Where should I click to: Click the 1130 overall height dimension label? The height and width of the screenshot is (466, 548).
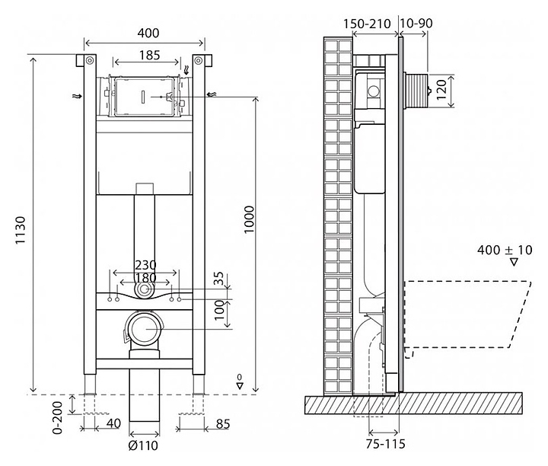point(21,230)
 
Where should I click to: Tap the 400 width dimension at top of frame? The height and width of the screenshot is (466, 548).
point(148,33)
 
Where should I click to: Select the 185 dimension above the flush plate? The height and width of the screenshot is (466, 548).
point(150,56)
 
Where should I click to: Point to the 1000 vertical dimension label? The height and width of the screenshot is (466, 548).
point(248,219)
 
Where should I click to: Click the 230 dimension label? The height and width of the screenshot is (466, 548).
point(145,265)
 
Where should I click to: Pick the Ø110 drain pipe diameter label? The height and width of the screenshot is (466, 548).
point(143,445)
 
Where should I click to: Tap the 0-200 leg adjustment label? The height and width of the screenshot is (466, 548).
point(57,417)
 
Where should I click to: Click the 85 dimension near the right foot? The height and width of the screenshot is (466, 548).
point(222,424)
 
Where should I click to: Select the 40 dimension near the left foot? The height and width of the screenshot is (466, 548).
point(113,423)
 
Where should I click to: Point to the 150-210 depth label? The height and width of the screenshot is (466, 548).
point(367,24)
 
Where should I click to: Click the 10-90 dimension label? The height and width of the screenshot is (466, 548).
point(416,23)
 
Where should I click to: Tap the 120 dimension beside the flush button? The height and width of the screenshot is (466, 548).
point(441,89)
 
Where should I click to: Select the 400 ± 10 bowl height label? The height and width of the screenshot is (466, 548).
point(505,250)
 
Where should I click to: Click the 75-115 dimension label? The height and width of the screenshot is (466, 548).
point(385,444)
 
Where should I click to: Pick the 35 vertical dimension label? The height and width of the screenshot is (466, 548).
point(218,279)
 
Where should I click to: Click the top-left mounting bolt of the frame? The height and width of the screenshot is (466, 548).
point(90,60)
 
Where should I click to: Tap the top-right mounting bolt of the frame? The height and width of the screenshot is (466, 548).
point(199,60)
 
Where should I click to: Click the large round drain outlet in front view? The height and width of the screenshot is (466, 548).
point(145,329)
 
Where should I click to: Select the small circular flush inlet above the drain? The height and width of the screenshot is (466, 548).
point(145,290)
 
